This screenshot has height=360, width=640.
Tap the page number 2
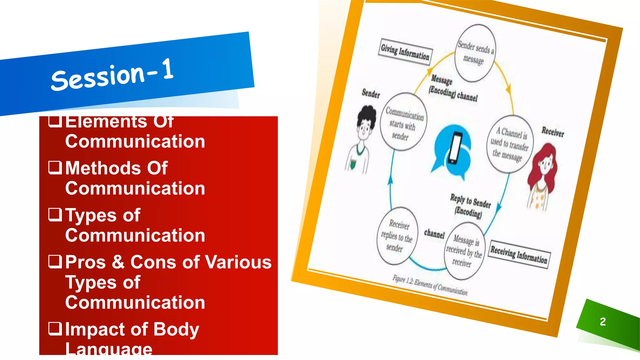click(x=603, y=322)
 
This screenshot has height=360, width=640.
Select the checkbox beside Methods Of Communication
click(x=55, y=167)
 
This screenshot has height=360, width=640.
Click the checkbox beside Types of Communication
click(x=55, y=214)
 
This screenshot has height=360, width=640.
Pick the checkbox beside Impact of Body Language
click(x=55, y=329)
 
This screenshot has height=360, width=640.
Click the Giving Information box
click(x=405, y=52)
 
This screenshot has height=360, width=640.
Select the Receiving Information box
click(x=519, y=254)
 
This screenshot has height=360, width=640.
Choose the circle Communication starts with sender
click(x=403, y=122)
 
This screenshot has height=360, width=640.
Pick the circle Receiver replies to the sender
click(x=397, y=236)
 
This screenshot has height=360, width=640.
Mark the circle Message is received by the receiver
click(x=464, y=251)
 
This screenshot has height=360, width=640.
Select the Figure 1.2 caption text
click(x=430, y=285)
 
